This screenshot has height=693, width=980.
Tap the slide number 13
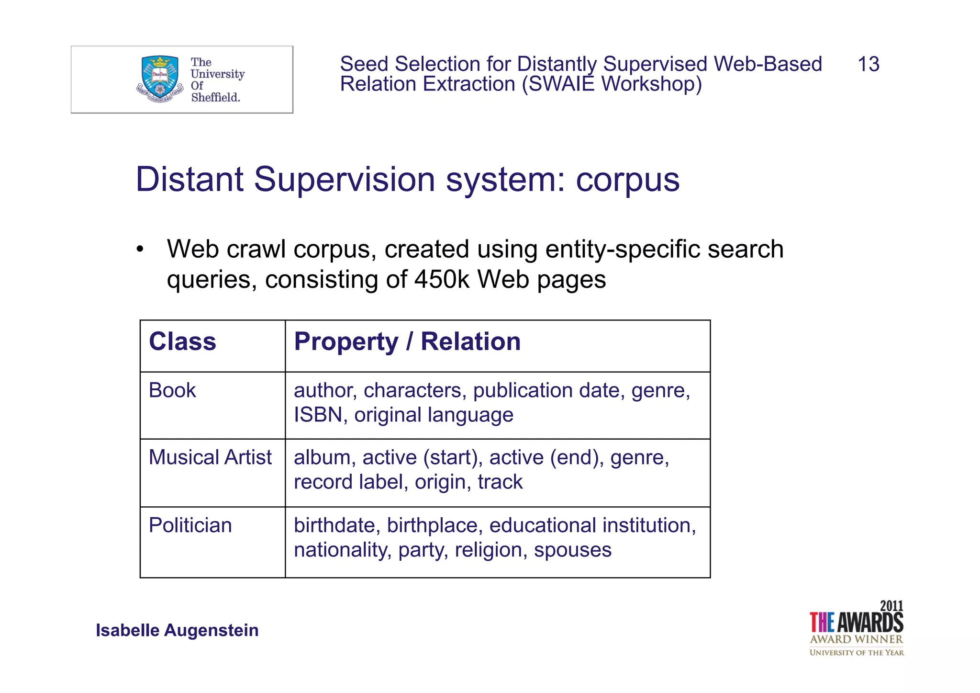click(868, 64)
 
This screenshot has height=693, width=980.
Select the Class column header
click(182, 342)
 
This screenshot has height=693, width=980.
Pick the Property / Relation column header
click(407, 342)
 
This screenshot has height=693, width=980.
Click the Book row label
click(172, 390)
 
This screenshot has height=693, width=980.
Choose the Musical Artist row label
click(210, 457)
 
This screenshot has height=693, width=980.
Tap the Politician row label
click(190, 525)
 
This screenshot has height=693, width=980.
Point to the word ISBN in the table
click(318, 415)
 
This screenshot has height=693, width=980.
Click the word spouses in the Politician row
click(572, 550)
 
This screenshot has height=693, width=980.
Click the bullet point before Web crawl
click(140, 250)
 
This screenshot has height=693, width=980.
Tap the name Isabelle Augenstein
click(177, 630)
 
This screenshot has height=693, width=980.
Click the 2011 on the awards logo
click(891, 606)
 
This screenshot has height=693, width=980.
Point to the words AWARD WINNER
click(856, 639)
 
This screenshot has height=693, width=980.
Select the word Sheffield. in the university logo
click(215, 97)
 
